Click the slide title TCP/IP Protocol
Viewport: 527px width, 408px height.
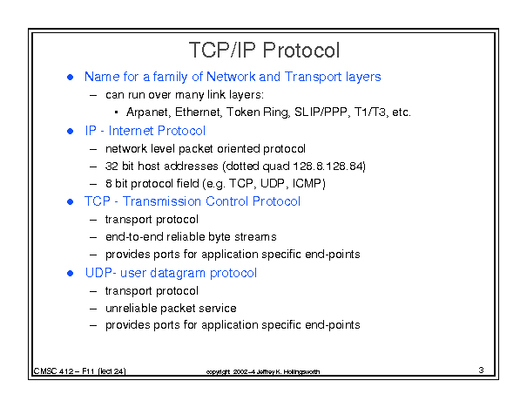[x=264, y=50]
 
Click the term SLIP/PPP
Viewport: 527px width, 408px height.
[x=321, y=112]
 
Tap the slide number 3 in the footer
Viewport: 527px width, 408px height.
[x=481, y=370]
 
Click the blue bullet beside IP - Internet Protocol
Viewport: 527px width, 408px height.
[x=71, y=131]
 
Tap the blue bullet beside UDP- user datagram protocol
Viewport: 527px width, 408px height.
[x=71, y=273]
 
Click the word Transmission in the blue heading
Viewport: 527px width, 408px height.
[x=162, y=201]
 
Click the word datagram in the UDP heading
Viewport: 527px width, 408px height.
[x=178, y=273]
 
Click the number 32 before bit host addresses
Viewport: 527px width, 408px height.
[x=111, y=167]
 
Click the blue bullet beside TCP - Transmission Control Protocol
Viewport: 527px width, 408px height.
[x=71, y=201]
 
